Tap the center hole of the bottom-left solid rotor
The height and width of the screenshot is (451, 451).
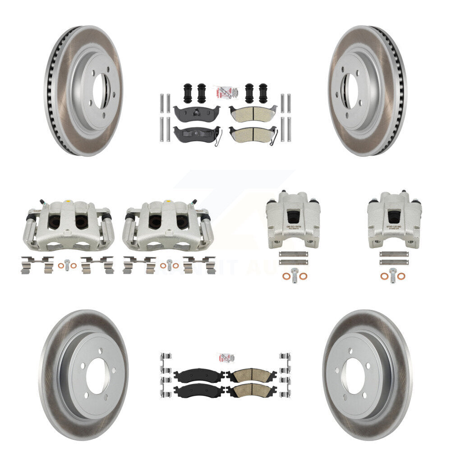(97, 377)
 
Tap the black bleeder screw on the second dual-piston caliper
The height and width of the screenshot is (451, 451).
(194, 202)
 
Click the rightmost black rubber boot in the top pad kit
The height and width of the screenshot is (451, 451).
(263, 94)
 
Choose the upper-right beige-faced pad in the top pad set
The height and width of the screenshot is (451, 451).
(252, 113)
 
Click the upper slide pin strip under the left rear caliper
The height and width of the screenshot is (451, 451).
(293, 254)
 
